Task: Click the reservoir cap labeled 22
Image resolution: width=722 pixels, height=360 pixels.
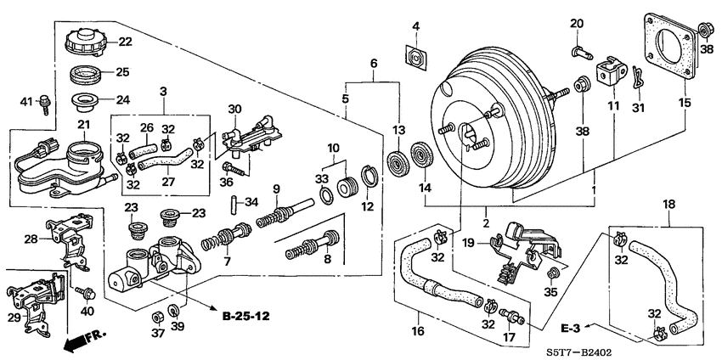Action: tap(87, 41)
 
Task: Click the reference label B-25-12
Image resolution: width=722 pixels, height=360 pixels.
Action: tap(245, 316)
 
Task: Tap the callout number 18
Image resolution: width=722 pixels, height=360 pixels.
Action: tap(669, 204)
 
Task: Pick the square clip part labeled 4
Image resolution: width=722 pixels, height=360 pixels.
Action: tap(415, 58)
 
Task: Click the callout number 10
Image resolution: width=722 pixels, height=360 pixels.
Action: tap(333, 147)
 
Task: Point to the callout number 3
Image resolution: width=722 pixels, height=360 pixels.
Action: tap(164, 89)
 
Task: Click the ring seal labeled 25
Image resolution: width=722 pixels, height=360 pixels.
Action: tap(87, 74)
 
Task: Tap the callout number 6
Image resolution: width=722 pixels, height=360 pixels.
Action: tap(372, 63)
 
